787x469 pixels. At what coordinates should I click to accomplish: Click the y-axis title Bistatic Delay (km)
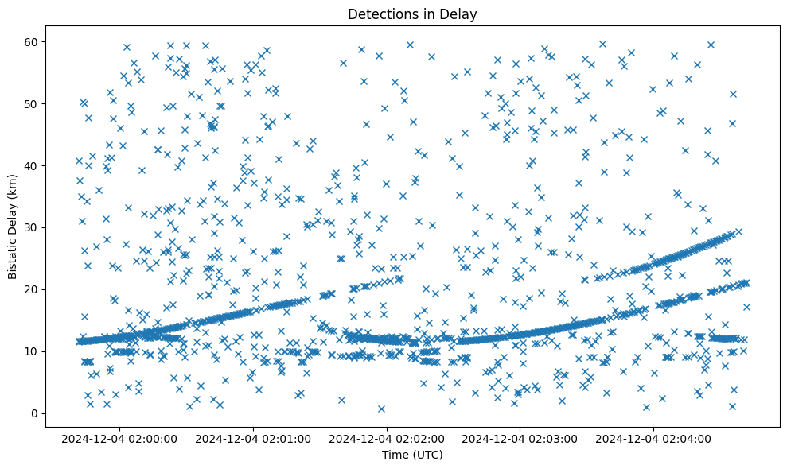click(x=13, y=226)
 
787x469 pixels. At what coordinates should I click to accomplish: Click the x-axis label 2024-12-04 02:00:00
click(x=119, y=438)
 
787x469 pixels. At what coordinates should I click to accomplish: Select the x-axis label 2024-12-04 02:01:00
click(x=253, y=438)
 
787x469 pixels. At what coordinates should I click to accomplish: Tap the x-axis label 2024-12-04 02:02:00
click(x=387, y=438)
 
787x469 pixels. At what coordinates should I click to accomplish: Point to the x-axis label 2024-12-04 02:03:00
click(x=520, y=438)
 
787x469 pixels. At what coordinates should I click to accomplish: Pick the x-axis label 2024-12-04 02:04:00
click(x=654, y=438)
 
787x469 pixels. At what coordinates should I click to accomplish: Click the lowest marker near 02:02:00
click(x=381, y=409)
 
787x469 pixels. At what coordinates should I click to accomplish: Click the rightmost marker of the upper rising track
click(x=738, y=232)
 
